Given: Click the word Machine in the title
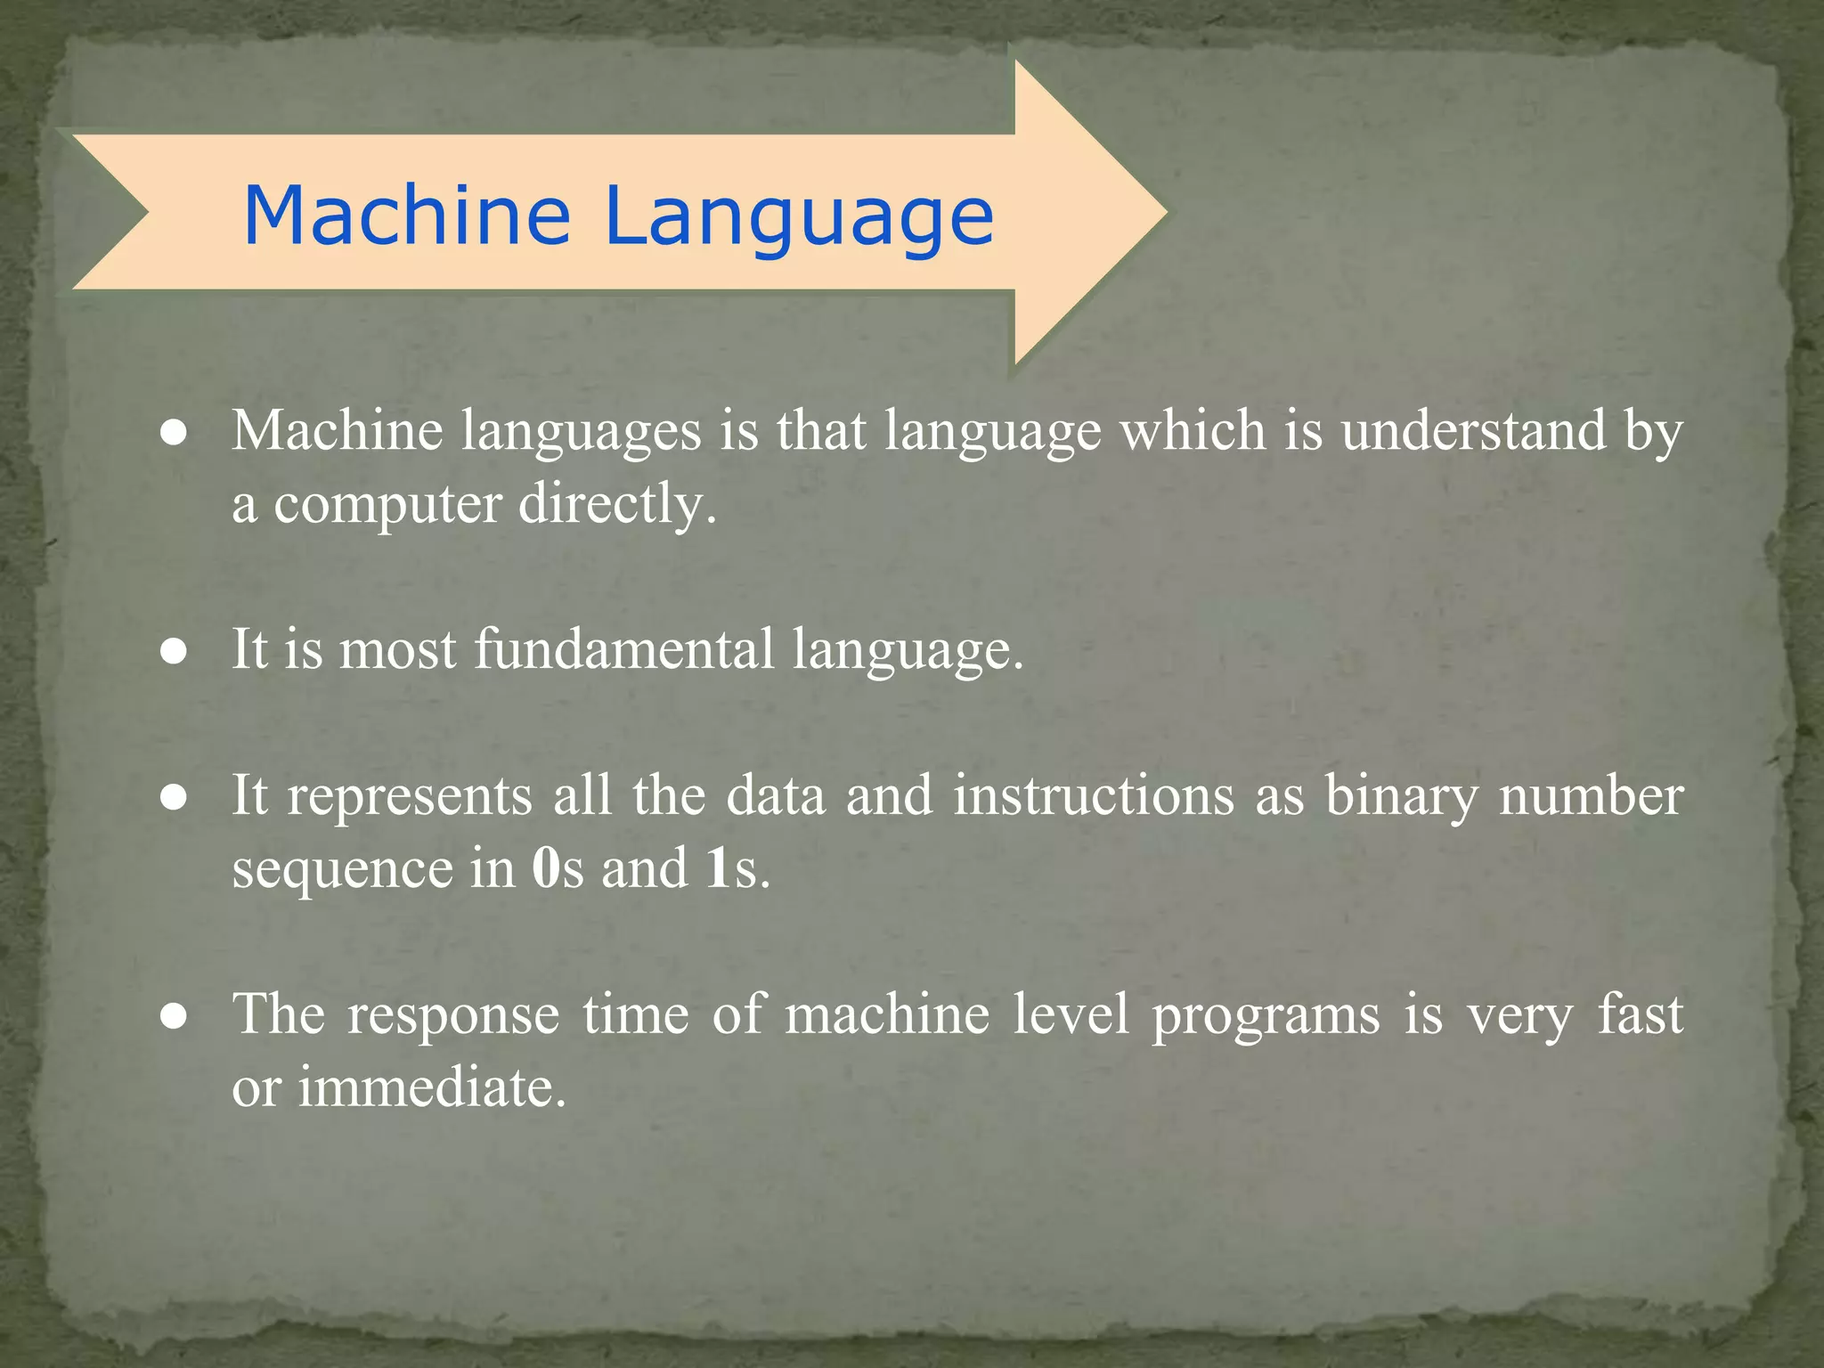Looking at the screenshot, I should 406,216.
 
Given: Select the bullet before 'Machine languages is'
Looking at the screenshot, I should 174,434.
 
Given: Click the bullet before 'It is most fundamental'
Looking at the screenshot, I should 174,652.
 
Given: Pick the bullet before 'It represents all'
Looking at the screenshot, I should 174,798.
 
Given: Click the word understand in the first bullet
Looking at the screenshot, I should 1474,431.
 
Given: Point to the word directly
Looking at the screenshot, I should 617,506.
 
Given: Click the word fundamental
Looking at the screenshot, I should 623,649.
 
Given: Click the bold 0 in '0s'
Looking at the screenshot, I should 545,868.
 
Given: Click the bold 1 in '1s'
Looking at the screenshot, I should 718,868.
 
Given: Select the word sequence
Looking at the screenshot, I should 342,870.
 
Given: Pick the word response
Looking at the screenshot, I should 453,1016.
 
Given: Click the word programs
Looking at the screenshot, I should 1266,1016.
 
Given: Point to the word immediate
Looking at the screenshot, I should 431,1087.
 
